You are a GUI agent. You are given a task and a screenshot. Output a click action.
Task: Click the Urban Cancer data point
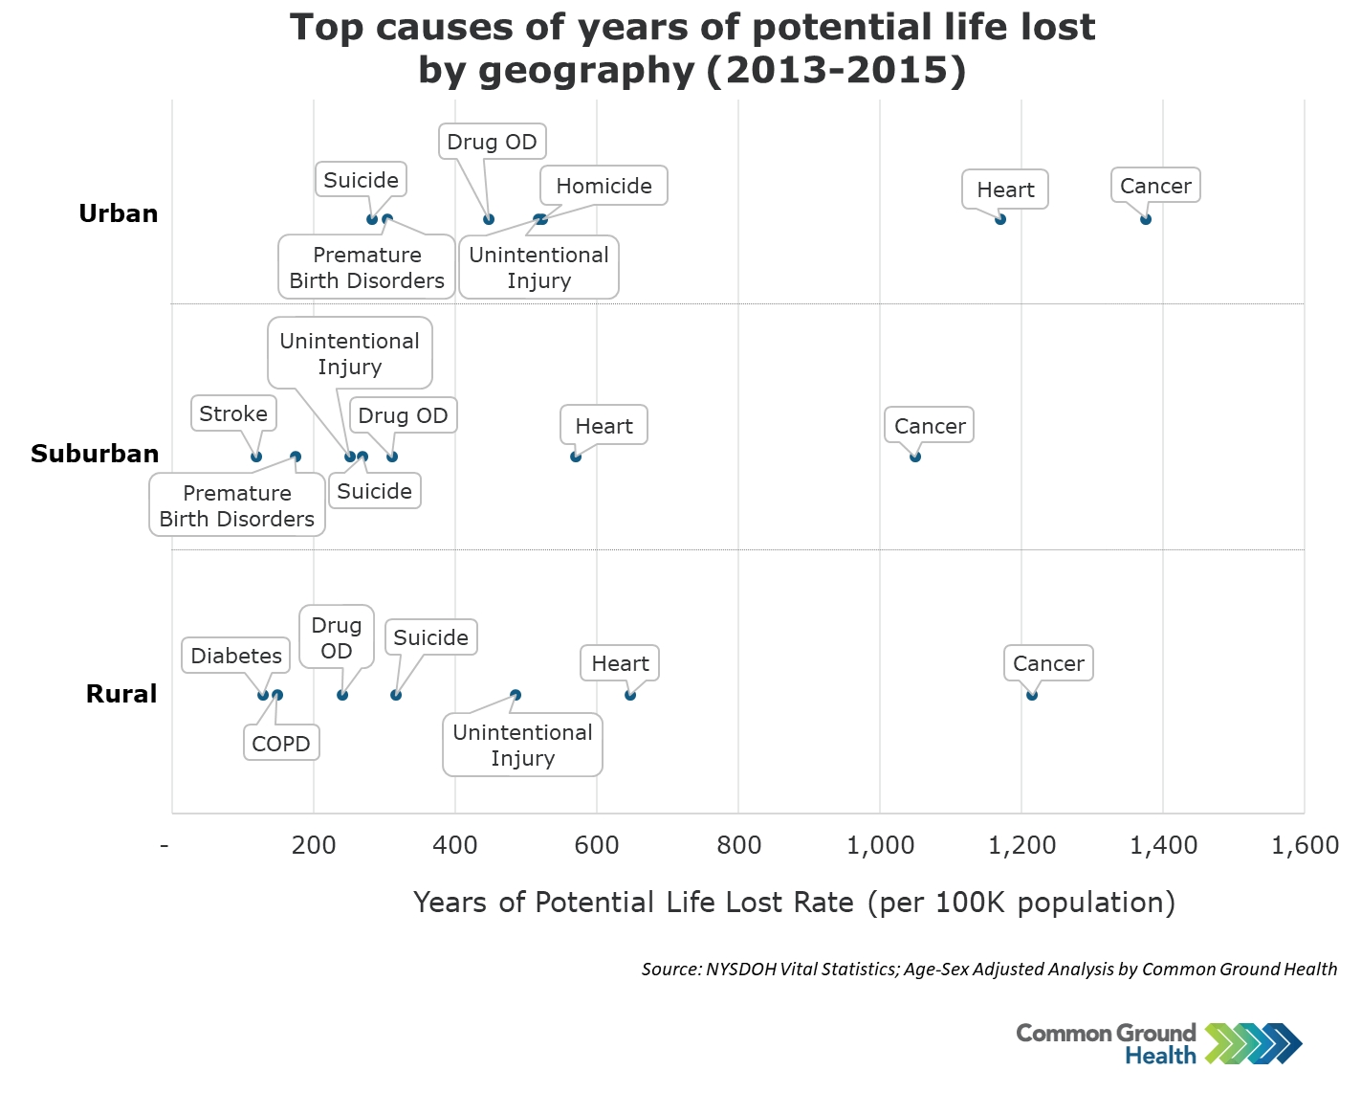tap(1146, 219)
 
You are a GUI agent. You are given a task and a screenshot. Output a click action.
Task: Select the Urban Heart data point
tap(1000, 219)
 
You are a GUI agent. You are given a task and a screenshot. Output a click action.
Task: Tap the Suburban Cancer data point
tap(915, 457)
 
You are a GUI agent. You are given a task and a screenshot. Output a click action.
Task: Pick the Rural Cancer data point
tap(1032, 695)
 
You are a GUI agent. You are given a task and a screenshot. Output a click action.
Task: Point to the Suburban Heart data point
tap(576, 457)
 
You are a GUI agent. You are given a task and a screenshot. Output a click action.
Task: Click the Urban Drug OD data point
tap(489, 219)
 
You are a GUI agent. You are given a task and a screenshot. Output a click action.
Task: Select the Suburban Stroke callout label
tap(233, 413)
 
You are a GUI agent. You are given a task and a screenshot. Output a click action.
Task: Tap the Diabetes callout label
tap(236, 656)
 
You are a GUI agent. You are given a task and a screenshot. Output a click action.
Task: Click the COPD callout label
tap(281, 744)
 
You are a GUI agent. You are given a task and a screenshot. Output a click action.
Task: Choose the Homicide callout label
tap(604, 186)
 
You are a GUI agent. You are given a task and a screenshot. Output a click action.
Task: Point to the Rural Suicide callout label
tap(430, 637)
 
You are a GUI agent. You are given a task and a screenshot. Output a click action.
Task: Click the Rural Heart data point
tap(630, 695)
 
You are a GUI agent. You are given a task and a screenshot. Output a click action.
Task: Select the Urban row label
tap(119, 213)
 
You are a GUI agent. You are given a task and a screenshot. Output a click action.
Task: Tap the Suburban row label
tap(95, 454)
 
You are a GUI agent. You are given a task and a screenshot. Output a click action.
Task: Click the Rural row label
tap(121, 694)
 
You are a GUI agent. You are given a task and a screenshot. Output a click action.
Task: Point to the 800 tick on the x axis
tap(738, 845)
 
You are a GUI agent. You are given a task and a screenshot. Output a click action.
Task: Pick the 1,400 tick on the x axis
tap(1163, 845)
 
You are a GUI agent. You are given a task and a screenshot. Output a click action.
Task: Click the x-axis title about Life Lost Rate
tap(794, 903)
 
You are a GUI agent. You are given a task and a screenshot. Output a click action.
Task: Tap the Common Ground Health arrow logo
tap(1253, 1043)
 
